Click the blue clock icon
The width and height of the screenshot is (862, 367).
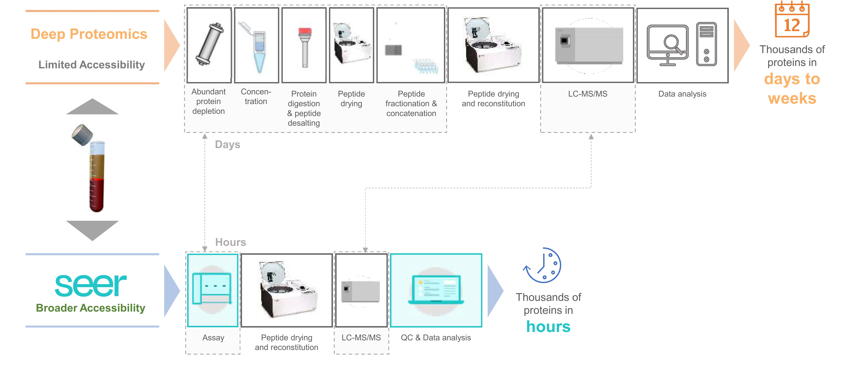tap(542, 265)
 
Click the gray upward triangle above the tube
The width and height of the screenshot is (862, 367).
tap(92, 107)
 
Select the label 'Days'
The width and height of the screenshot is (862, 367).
tap(228, 145)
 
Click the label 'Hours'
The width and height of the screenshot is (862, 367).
tap(231, 242)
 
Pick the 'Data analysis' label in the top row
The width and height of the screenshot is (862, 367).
tap(682, 94)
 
